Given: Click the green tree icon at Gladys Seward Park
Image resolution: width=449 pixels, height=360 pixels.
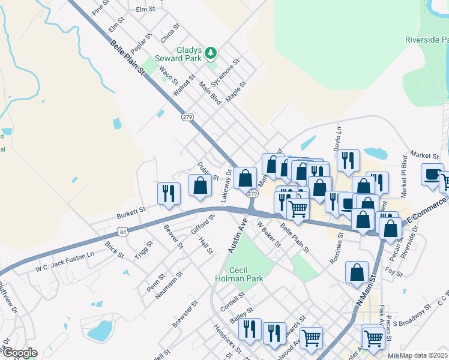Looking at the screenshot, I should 210,53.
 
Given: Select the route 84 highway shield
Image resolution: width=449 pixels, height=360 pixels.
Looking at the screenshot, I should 122,232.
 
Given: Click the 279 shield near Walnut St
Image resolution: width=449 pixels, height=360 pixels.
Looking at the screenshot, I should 188,118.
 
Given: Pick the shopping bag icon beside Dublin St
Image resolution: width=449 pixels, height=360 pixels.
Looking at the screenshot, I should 200,185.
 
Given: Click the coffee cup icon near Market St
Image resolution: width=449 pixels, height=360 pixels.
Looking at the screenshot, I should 432,174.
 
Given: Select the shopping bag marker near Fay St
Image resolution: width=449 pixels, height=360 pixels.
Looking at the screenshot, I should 357,272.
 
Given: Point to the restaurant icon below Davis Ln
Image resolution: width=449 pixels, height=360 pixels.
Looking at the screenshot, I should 348,160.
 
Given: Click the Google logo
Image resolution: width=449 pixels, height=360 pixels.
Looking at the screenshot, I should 19,352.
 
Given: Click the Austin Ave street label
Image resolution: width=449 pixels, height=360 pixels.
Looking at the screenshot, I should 238,236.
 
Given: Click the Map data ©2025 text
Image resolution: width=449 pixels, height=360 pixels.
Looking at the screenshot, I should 424,355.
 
